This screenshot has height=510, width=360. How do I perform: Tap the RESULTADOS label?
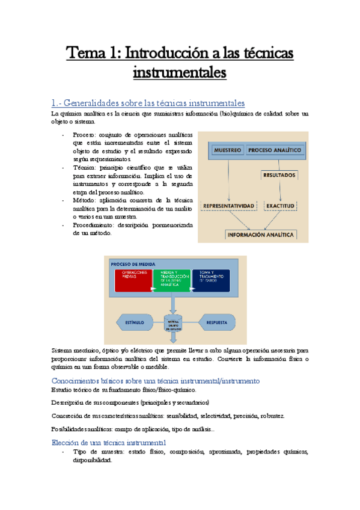coord(278,176)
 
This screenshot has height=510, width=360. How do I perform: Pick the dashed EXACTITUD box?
coord(280,206)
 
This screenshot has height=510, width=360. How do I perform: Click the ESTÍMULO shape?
coord(134,322)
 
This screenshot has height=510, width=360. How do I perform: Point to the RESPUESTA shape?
coord(216,322)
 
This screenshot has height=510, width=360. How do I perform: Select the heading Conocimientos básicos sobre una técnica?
coord(156,380)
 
